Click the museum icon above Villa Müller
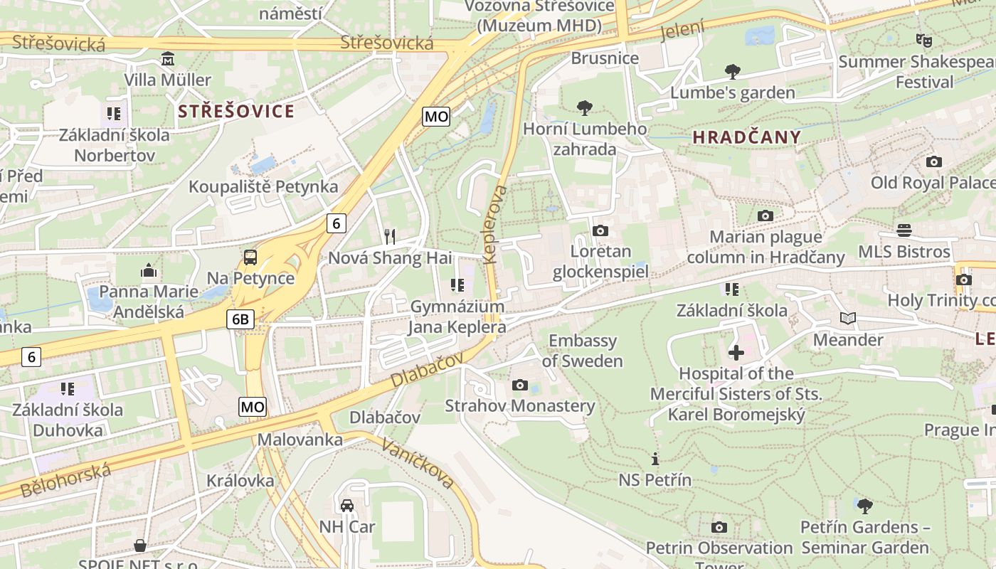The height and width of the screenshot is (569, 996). pos(168,58)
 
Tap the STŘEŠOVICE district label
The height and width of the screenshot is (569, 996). pos(235,111)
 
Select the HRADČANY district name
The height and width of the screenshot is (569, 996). pos(746,137)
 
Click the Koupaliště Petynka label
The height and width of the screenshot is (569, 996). pos(263,186)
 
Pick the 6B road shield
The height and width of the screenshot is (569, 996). pos(240,319)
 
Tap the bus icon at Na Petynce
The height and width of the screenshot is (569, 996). pos(250,257)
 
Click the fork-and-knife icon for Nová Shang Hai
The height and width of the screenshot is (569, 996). pos(389,236)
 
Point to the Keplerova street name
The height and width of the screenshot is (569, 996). pos(495,225)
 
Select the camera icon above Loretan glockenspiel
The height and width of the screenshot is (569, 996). pos(600,230)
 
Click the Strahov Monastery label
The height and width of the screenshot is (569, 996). pos(519,405)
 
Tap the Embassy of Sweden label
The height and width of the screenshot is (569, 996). pos(582,351)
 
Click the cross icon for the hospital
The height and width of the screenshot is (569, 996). pos(736,353)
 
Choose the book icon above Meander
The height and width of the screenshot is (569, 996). pos(847,319)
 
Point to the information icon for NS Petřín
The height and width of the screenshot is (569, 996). pos(655,459)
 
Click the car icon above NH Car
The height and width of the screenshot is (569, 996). pos(346,506)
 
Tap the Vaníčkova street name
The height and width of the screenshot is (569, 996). pos(418,463)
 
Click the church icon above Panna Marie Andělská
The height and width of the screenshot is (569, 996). pos(149,270)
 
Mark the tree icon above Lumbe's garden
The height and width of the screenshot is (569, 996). pos(732,71)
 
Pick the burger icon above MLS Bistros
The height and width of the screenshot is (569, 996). pos(904,230)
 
